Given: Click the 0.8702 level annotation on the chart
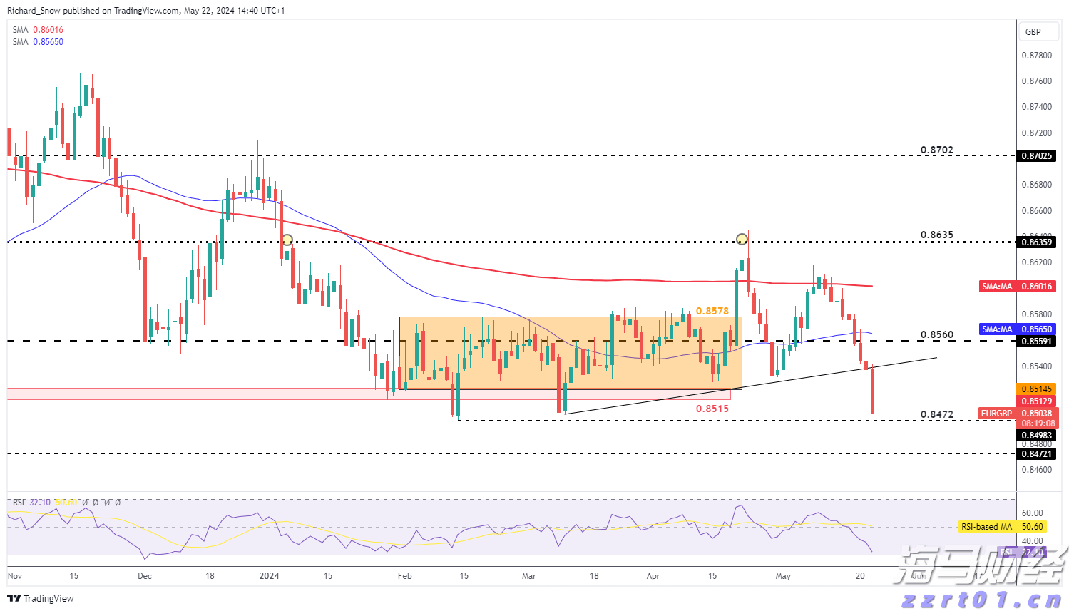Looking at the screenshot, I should click(936, 150).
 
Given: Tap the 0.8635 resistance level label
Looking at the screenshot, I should click(936, 235).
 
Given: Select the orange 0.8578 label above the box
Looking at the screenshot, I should click(712, 312).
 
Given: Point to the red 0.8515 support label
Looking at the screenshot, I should click(712, 409).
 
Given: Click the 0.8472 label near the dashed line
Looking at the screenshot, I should click(936, 415).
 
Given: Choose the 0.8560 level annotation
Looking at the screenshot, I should click(936, 335).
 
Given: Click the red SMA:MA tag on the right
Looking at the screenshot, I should click(997, 287).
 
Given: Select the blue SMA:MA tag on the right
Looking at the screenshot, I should click(997, 329).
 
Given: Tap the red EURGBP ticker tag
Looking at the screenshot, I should click(996, 414).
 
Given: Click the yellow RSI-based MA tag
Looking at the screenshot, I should click(986, 527).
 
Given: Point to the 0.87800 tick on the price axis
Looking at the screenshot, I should click(1036, 56).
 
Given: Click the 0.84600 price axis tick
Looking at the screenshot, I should click(1036, 470).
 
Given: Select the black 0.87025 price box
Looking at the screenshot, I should click(1036, 156).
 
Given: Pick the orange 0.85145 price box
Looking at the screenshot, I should click(1036, 389).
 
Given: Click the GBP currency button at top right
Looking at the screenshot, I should click(1033, 32).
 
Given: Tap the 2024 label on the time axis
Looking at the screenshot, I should click(269, 576).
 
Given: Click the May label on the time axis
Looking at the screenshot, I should click(783, 576).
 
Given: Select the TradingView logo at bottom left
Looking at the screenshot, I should click(41, 599).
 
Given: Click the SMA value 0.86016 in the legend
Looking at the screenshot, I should click(48, 30).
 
